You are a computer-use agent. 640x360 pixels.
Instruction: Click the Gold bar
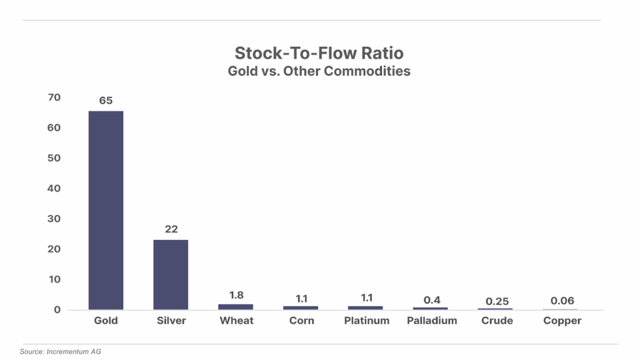[x=106, y=210]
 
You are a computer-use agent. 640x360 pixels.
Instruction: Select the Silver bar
[x=171, y=274]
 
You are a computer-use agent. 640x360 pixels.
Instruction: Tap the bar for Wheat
[x=236, y=307]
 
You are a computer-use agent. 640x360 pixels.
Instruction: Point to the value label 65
[x=106, y=100]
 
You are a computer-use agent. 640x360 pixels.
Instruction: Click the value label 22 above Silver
[x=171, y=229]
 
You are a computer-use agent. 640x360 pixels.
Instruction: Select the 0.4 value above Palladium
[x=432, y=300]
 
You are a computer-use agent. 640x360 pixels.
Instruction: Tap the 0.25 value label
[x=497, y=301]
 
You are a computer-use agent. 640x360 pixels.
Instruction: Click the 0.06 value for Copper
[x=562, y=301]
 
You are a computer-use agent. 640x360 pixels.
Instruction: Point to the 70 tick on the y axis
[x=54, y=97]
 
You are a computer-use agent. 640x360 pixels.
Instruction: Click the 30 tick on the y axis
[x=54, y=219]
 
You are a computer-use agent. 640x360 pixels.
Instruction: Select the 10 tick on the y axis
[x=54, y=279]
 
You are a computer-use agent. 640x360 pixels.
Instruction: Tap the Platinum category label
[x=366, y=321]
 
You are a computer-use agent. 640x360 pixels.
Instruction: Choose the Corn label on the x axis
[x=301, y=321]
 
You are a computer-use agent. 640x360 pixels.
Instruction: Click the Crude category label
[x=497, y=321]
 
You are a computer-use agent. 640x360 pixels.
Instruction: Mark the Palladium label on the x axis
[x=432, y=321]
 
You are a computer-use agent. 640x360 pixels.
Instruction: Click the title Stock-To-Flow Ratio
[x=319, y=52]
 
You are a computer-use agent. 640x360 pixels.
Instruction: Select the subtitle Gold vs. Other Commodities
[x=319, y=71]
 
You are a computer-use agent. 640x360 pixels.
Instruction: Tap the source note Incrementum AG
[x=60, y=352]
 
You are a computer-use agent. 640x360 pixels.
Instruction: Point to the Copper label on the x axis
[x=562, y=321]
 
